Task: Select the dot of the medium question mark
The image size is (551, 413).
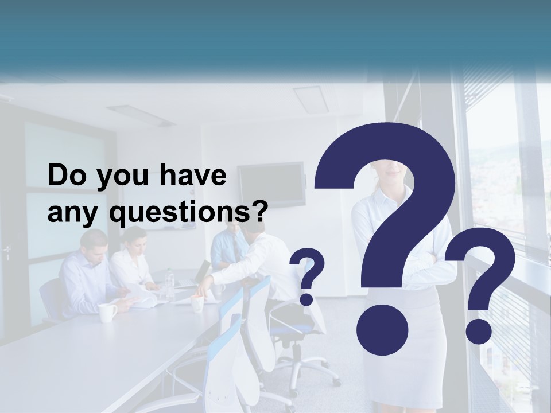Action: point(478,330)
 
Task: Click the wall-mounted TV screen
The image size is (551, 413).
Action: point(271,184)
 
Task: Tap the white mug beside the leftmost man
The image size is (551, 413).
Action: point(107,313)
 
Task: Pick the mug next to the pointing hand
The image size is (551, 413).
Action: point(197,303)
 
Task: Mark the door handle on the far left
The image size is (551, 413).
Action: point(7,251)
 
